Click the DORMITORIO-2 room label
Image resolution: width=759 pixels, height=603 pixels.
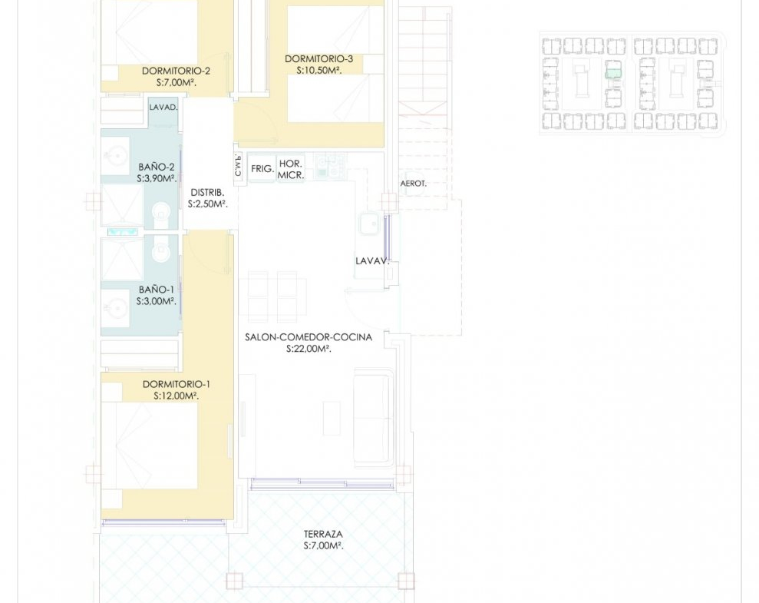[176, 71]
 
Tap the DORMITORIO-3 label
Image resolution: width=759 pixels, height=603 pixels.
[318, 59]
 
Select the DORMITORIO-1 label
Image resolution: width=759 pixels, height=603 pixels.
[177, 385]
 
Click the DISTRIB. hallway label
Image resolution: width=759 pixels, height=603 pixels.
[207, 193]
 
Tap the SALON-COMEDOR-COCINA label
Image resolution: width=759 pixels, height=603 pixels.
[309, 337]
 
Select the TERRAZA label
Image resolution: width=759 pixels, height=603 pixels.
[323, 534]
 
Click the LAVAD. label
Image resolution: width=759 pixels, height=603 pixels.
[163, 108]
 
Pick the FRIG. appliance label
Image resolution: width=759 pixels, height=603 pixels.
[262, 169]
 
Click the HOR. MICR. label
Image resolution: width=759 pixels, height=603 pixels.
[291, 170]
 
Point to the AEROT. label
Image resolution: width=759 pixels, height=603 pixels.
[414, 184]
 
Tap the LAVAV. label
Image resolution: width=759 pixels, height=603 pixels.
[372, 261]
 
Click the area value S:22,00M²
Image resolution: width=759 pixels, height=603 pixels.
[309, 350]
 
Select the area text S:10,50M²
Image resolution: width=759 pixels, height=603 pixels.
[319, 71]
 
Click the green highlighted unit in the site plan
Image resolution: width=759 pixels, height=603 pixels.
[613, 74]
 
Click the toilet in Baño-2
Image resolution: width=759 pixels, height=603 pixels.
[161, 214]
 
